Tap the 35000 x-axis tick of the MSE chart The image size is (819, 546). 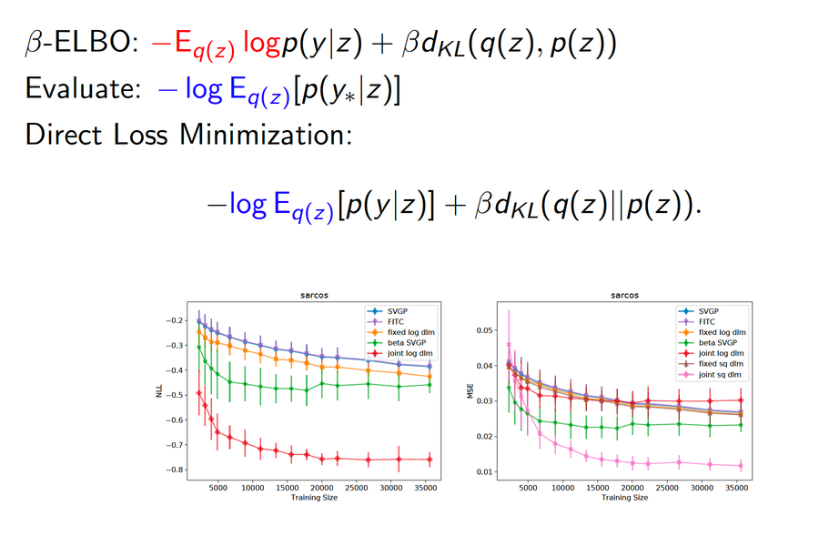pyautogui.click(x=735, y=489)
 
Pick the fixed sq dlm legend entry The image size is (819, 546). pyautogui.click(x=719, y=364)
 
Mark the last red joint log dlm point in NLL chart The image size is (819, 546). pyautogui.click(x=430, y=459)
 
